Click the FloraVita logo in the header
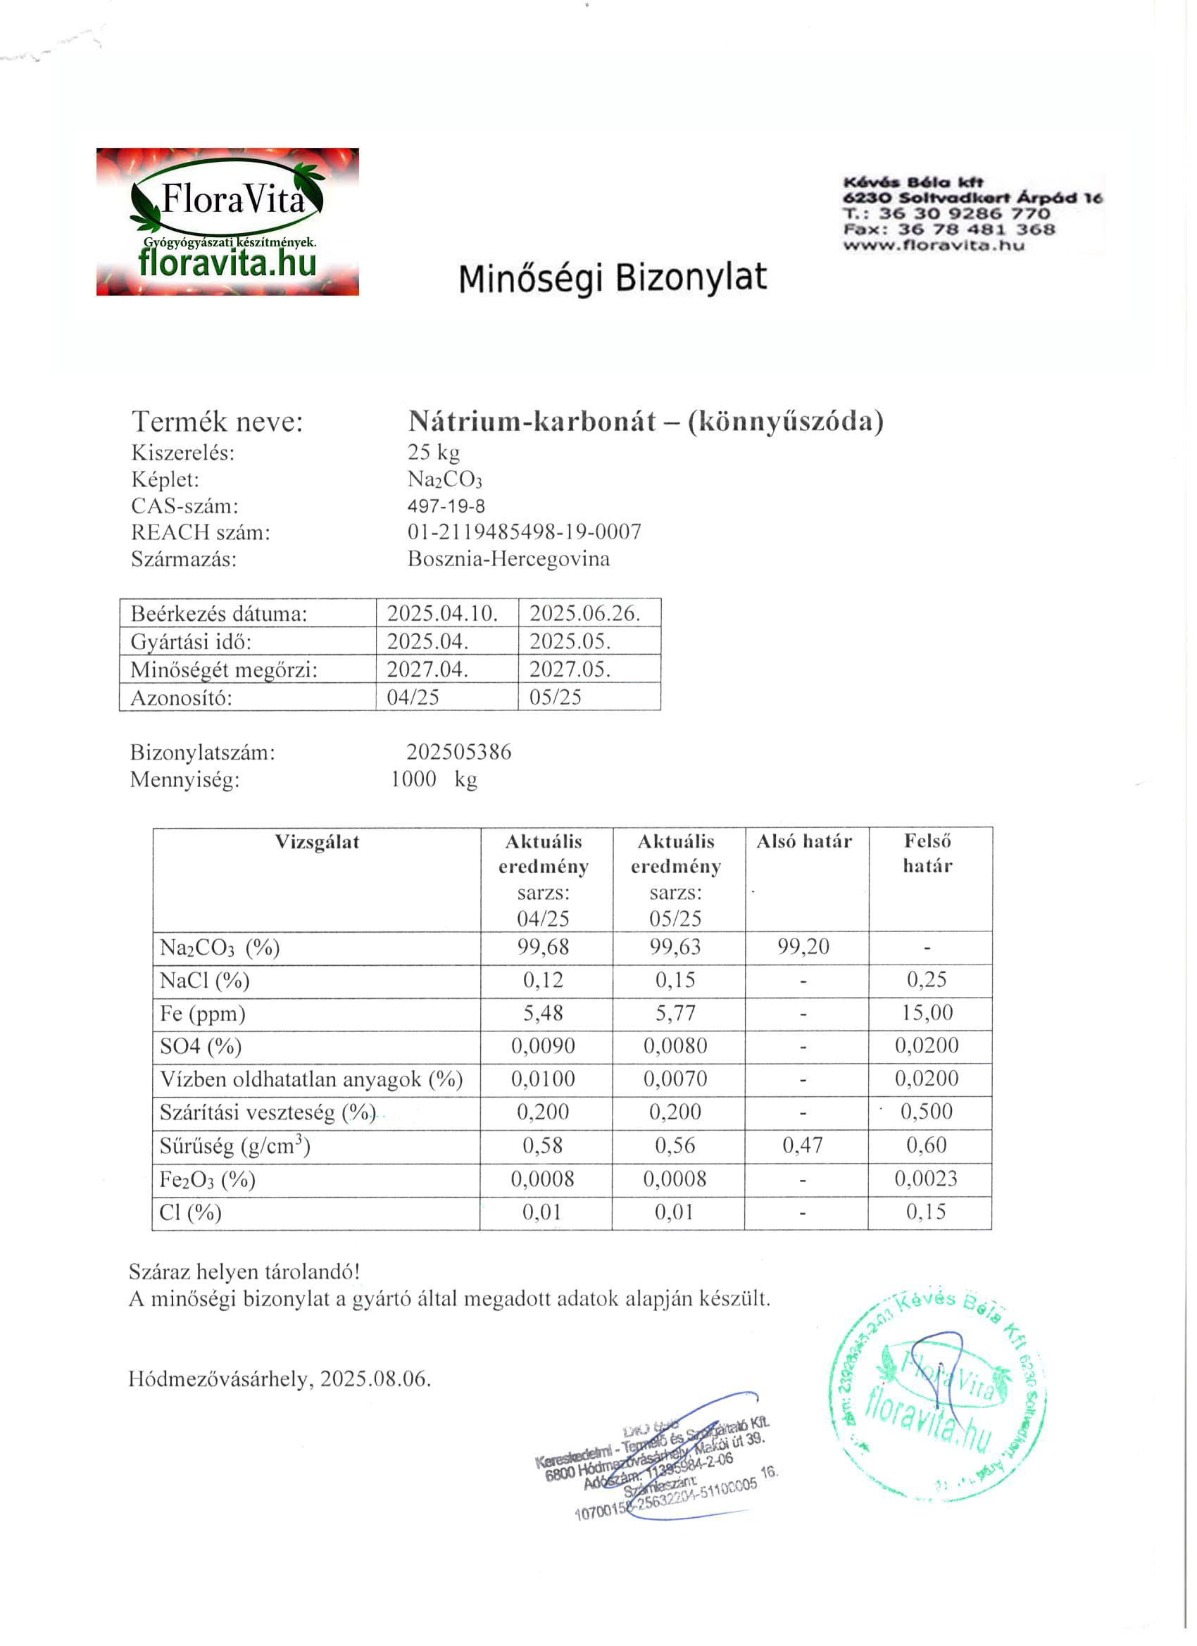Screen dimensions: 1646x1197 [x=227, y=221]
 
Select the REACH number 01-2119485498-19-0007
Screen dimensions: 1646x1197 [x=524, y=533]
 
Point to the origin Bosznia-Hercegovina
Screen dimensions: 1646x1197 [x=508, y=560]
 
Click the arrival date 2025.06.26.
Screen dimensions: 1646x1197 [x=584, y=614]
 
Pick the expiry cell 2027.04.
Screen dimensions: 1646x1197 [x=427, y=669]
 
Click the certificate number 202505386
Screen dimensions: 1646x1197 [x=459, y=752]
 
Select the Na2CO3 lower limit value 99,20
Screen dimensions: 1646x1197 [x=803, y=947]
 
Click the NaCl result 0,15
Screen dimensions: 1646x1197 [x=675, y=981]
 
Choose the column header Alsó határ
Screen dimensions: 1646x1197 [x=803, y=842]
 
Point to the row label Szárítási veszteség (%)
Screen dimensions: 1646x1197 [x=267, y=1112]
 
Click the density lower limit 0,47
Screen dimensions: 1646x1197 [x=802, y=1146]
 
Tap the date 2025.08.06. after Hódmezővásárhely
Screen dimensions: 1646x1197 [x=375, y=1379]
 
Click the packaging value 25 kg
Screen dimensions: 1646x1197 [x=433, y=452]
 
